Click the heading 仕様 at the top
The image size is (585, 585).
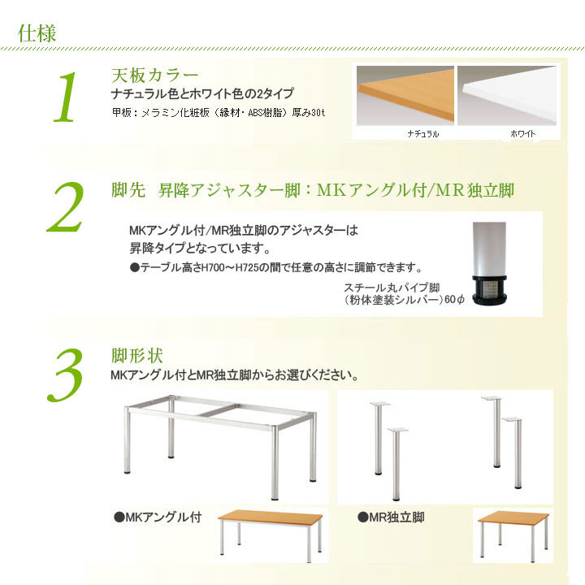point(37,33)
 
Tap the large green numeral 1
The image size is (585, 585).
point(66,97)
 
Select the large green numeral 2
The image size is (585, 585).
point(66,207)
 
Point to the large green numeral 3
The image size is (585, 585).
point(66,375)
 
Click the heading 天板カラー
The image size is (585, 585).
point(155,76)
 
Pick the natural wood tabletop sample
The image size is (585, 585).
point(405,96)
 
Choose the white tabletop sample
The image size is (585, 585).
point(507,96)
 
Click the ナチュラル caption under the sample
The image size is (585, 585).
point(423,133)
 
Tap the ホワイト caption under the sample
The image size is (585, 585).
point(522,133)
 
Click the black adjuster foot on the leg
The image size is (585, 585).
point(489,290)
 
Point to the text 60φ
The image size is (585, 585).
point(454,299)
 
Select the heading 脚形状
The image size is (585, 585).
point(137,356)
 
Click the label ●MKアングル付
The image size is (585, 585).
point(158,517)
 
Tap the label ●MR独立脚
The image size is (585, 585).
point(391,517)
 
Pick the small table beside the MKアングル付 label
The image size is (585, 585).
point(270,535)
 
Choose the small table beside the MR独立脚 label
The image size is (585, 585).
point(513,535)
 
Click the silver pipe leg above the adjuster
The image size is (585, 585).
point(489,249)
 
